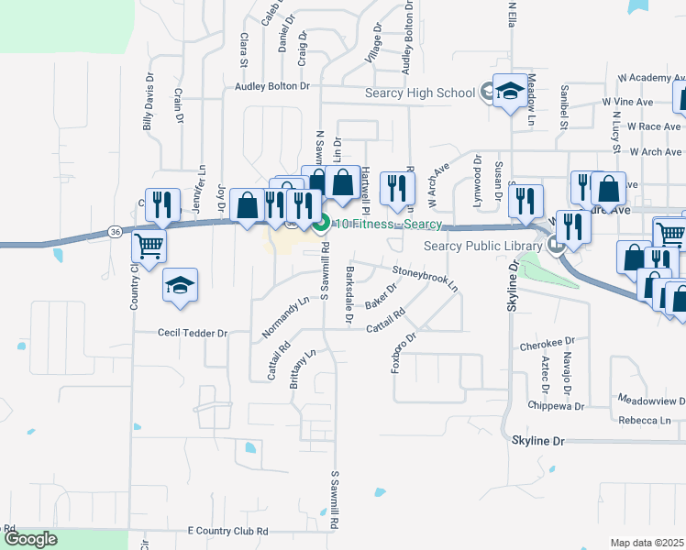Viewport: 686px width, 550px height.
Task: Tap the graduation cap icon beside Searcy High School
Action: coord(509,92)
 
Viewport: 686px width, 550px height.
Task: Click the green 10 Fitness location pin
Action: coord(322,223)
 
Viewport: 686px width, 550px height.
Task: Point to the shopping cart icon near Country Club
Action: coord(149,246)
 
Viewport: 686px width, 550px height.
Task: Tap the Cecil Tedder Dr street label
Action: coord(192,333)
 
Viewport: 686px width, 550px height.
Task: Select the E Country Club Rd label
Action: coord(227,531)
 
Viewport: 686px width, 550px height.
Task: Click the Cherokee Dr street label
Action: coord(546,346)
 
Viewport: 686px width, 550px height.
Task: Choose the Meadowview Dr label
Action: coord(651,401)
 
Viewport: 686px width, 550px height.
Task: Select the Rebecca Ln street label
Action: coord(644,420)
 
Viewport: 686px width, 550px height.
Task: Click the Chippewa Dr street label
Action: coord(556,404)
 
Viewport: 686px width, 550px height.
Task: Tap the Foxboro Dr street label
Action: coord(404,348)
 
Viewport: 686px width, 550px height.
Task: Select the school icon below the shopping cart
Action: coord(181,285)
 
